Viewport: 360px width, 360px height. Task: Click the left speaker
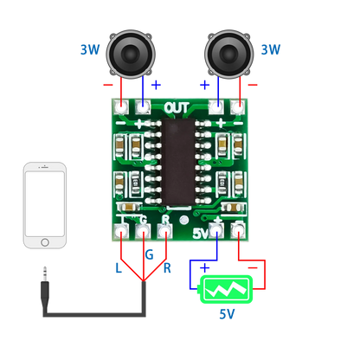[131, 54]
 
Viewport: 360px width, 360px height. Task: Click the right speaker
[229, 54]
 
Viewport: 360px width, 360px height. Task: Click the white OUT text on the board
[177, 107]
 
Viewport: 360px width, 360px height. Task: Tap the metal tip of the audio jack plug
[44, 273]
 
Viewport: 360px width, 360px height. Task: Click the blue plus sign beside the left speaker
[156, 85]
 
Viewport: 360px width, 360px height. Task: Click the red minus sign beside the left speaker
[107, 85]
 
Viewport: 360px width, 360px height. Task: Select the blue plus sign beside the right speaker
[205, 85]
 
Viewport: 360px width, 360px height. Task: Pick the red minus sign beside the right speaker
[251, 85]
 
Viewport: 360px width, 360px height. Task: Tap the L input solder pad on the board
[121, 232]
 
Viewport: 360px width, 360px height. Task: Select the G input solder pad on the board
[143, 232]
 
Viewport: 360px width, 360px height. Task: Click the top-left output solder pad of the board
[122, 107]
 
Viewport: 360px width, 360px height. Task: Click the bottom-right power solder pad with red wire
[235, 230]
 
